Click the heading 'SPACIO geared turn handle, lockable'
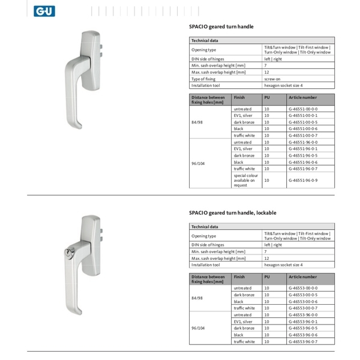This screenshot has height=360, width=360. click(x=232, y=212)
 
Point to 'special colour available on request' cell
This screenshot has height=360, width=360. click(x=245, y=180)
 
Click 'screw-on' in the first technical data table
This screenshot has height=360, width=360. click(x=273, y=79)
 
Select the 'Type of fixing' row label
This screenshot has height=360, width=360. click(x=203, y=79)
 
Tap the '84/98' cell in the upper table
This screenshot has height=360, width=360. click(x=197, y=122)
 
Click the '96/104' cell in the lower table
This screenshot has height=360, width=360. click(x=197, y=328)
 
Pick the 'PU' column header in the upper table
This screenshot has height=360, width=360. click(x=267, y=97)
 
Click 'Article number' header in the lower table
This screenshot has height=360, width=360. click(x=302, y=277)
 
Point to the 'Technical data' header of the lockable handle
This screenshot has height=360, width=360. click(x=205, y=227)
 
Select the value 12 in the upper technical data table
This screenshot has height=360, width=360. click(x=266, y=72)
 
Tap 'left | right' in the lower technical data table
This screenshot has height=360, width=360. click(x=273, y=245)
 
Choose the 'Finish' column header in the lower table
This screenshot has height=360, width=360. click(x=239, y=277)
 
